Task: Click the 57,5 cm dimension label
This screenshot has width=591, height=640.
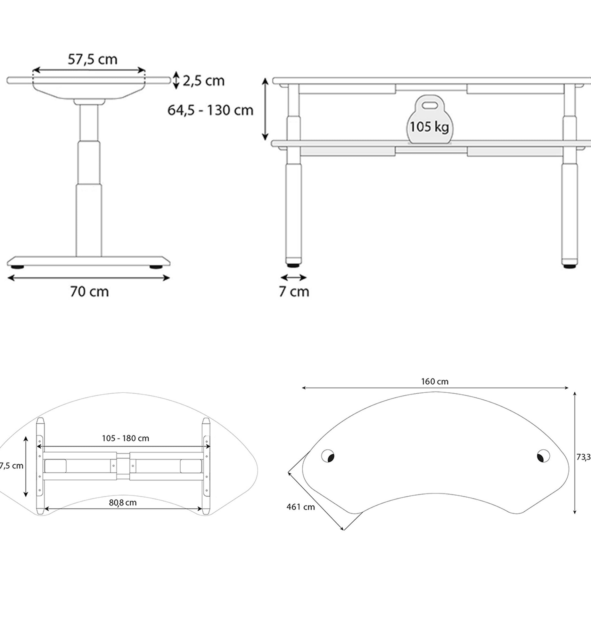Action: pyautogui.click(x=93, y=60)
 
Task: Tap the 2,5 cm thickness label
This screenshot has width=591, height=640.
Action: pyautogui.click(x=203, y=81)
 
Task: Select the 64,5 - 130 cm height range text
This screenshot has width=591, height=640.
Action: pyautogui.click(x=210, y=110)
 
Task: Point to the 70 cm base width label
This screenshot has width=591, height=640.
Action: pyautogui.click(x=89, y=292)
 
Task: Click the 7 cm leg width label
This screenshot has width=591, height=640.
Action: pyautogui.click(x=294, y=292)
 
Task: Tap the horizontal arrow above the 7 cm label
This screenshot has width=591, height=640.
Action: pyautogui.click(x=293, y=277)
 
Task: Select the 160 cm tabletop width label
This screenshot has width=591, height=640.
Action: pyautogui.click(x=434, y=381)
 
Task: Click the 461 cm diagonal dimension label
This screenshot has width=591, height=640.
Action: pyautogui.click(x=300, y=507)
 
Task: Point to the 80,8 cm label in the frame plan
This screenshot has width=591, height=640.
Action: pyautogui.click(x=123, y=503)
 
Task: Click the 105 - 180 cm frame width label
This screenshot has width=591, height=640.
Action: pyautogui.click(x=125, y=438)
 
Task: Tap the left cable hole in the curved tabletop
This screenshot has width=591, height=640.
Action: pyautogui.click(x=328, y=456)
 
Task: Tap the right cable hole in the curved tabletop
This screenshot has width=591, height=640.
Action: pyautogui.click(x=543, y=456)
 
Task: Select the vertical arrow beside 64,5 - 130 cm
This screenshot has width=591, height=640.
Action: pyautogui.click(x=265, y=109)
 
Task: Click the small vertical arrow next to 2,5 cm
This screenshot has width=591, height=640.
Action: pyautogui.click(x=176, y=80)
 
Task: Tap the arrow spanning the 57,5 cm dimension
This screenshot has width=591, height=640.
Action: pyautogui.click(x=89, y=70)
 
